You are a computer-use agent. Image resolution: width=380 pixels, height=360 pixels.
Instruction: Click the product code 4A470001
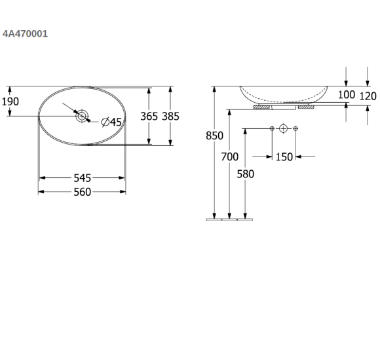coord(25,34)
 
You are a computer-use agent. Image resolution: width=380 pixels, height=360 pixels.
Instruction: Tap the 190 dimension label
coord(10,101)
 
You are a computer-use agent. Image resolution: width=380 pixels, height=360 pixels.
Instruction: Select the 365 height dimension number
coord(149,117)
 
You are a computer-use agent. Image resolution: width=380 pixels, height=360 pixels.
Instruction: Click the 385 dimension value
coord(170,117)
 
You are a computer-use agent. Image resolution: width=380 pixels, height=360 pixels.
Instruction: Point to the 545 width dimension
coord(83,178)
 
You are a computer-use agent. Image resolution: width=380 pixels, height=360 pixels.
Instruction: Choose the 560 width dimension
coord(83,192)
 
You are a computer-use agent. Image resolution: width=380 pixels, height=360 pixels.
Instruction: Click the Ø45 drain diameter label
coord(111,122)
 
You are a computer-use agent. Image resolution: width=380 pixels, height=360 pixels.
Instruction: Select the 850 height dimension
coord(214,135)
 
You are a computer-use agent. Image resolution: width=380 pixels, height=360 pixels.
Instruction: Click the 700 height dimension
coord(230,157)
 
